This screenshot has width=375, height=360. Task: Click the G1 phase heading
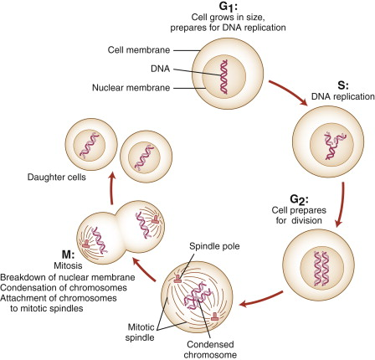click(x=229, y=6)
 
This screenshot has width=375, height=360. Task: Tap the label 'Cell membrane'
click(x=139, y=50)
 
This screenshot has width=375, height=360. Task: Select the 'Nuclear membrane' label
click(x=131, y=88)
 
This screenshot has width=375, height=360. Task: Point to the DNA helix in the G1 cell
click(x=223, y=77)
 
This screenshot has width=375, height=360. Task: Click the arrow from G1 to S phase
click(x=288, y=93)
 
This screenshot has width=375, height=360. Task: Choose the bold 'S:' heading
click(x=343, y=85)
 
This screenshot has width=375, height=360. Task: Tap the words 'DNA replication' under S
click(x=343, y=96)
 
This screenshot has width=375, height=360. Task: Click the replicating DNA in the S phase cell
click(x=334, y=146)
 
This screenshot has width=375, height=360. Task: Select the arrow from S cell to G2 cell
click(x=341, y=204)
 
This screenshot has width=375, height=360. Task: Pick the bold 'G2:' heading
click(x=299, y=200)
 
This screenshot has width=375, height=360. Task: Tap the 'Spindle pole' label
click(x=214, y=246)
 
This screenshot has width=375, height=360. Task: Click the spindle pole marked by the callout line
click(x=177, y=279)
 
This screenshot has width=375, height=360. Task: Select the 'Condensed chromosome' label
click(x=210, y=349)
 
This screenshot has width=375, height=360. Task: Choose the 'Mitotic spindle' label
click(x=140, y=332)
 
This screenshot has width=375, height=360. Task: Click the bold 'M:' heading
click(x=68, y=255)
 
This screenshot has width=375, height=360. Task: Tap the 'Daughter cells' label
click(x=56, y=177)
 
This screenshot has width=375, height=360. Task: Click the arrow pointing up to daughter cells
click(x=112, y=188)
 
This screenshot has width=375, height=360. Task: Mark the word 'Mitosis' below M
click(x=68, y=265)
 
